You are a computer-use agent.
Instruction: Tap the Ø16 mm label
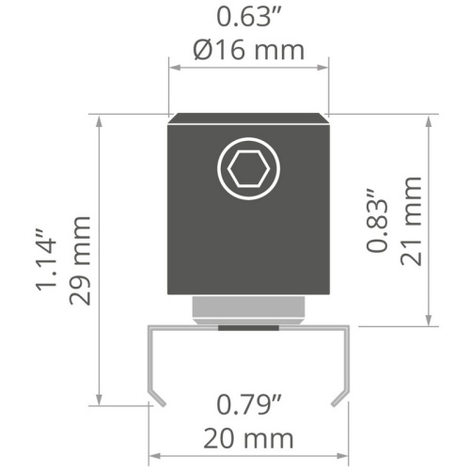click(x=248, y=50)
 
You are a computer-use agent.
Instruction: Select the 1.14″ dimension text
click(x=47, y=260)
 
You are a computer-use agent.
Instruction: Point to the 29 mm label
click(x=80, y=260)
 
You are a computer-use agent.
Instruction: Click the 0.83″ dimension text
click(x=378, y=220)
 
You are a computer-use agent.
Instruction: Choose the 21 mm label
click(x=411, y=221)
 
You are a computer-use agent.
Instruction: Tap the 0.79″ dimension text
click(x=249, y=405)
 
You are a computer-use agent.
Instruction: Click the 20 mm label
click(x=248, y=439)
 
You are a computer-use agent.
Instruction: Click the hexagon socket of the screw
click(x=248, y=169)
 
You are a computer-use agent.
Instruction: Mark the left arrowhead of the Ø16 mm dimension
click(x=175, y=68)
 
